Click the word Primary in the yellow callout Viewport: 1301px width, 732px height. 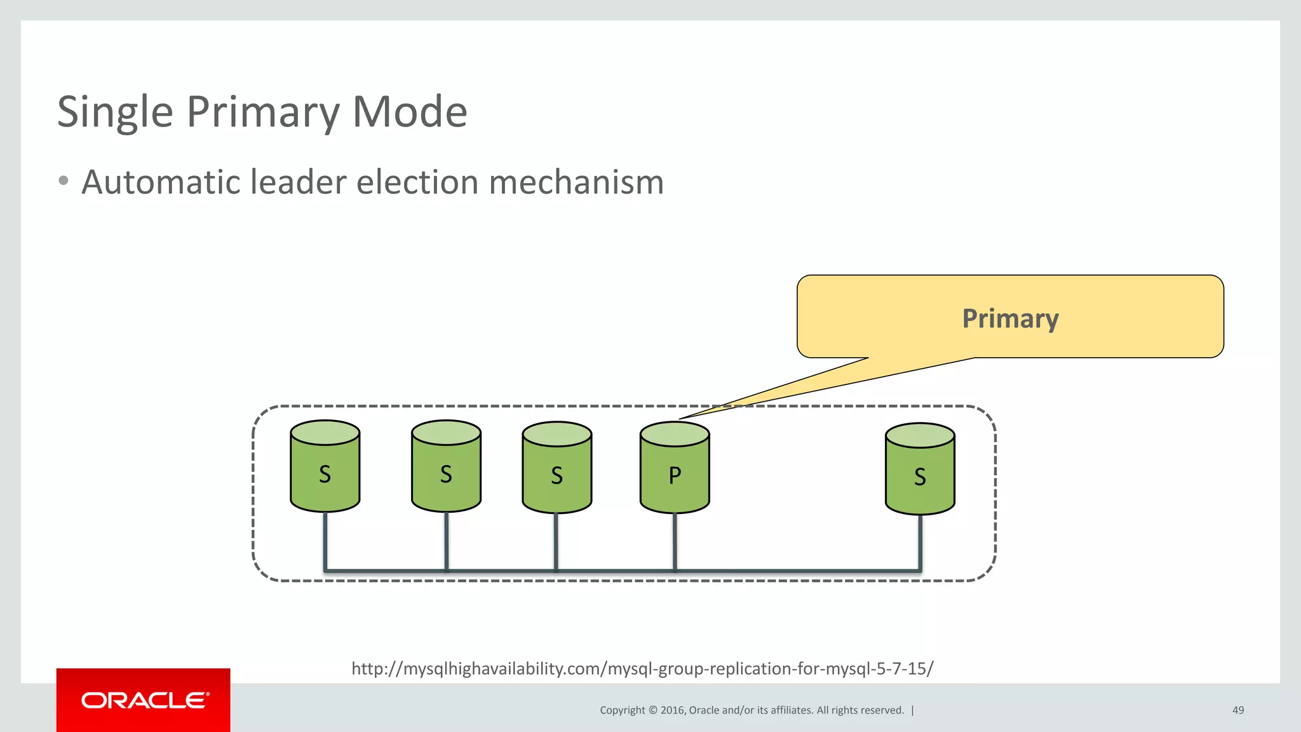pos(1010,318)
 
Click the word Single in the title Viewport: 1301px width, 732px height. pos(115,112)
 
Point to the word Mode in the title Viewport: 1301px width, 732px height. pos(410,112)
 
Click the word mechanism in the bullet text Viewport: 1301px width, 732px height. pos(576,182)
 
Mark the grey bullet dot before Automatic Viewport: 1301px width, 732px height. pos(63,181)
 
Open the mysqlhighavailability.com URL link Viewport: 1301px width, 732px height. pos(642,668)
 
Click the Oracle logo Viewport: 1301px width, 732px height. pos(144,700)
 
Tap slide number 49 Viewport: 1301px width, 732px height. pos(1237,710)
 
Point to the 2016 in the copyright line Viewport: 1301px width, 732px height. pos(671,710)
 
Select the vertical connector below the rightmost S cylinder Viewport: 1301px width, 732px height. pos(920,541)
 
